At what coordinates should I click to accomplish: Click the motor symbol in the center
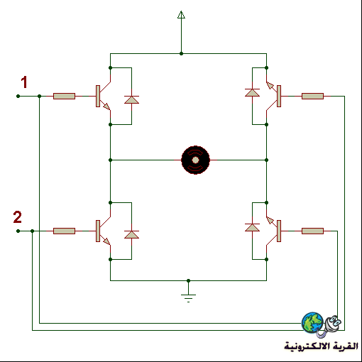click(195, 160)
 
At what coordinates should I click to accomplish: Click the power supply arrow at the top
click(181, 15)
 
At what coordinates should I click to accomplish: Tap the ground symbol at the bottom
click(188, 297)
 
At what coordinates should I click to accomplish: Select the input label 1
click(24, 82)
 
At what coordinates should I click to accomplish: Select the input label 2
click(18, 217)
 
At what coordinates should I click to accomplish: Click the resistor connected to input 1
click(64, 96)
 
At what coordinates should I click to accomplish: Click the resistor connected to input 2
click(64, 231)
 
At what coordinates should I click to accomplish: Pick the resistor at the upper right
click(312, 96)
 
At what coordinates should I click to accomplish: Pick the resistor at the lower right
click(312, 231)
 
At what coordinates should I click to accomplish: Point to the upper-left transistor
click(103, 96)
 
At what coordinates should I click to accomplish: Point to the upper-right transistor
click(273, 96)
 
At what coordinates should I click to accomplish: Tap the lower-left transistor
click(103, 231)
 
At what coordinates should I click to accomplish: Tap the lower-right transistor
click(273, 231)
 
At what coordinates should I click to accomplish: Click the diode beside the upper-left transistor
click(131, 99)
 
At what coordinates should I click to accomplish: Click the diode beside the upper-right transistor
click(252, 92)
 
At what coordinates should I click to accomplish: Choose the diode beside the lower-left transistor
click(131, 234)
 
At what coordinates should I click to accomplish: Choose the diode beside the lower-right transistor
click(252, 227)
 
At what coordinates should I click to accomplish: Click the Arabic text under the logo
click(321, 346)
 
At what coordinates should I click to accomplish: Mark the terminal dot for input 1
click(18, 96)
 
